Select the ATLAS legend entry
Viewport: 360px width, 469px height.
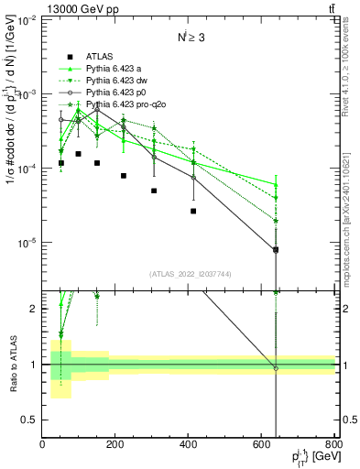[x=99, y=56]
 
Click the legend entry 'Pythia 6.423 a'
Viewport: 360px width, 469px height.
[x=115, y=69]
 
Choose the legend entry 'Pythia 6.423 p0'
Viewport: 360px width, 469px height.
[x=117, y=93]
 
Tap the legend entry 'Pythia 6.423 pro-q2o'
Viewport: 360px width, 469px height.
[x=126, y=104]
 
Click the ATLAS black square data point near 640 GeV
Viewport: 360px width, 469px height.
[x=276, y=249]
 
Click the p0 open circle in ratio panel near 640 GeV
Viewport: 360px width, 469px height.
[x=276, y=368]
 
